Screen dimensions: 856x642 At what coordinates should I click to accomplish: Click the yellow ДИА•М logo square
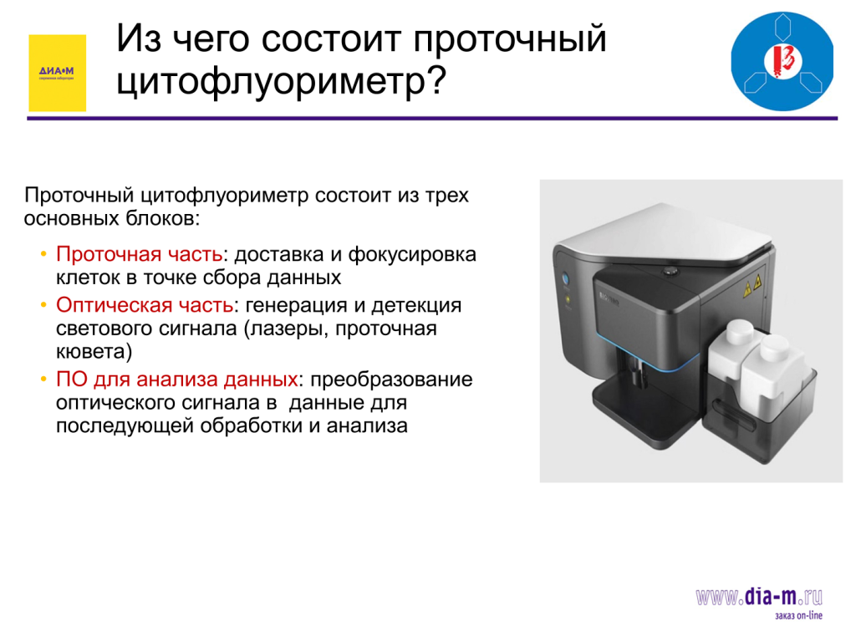point(58,74)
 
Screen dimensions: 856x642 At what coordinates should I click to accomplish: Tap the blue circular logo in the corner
point(782,61)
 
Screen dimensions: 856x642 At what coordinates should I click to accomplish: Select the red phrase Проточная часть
point(139,254)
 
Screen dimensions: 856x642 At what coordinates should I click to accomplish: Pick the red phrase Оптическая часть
point(144,304)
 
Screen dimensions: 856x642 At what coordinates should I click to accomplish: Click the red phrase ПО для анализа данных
point(176,379)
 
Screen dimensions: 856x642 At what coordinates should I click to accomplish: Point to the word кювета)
point(94,352)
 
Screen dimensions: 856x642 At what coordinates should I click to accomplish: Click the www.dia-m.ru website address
point(759,597)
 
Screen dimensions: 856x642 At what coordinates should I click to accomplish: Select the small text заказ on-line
point(798,616)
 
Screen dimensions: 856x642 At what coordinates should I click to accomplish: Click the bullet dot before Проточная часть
point(43,254)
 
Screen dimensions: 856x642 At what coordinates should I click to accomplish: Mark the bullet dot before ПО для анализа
point(43,380)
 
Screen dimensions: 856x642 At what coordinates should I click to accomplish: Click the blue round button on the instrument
point(566,278)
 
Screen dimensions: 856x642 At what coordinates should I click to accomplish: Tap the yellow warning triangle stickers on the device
point(752,286)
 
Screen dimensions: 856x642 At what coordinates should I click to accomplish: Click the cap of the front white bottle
point(775,347)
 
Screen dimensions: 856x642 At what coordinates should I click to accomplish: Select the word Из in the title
point(139,38)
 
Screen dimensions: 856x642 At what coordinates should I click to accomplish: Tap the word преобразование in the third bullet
point(391,379)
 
